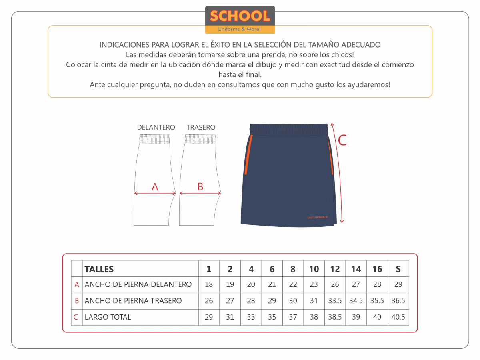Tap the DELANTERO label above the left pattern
pos(156,127)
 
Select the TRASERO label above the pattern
pos(201,127)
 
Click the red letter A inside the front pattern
pos(155,186)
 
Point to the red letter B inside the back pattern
pos(200,186)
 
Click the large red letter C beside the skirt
pos(342,140)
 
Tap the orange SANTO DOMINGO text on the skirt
pos(318,217)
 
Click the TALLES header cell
pos(99,269)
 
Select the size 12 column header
pos(335,269)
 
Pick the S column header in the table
pos(398,269)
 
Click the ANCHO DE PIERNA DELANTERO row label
pos(138,284)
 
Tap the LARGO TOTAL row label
pos(108,317)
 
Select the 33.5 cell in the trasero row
pos(335,301)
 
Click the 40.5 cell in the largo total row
pos(398,317)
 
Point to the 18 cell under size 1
pos(209,284)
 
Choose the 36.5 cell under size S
pos(398,301)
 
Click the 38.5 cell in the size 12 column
pos(335,317)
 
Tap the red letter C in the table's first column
pos(76,317)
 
